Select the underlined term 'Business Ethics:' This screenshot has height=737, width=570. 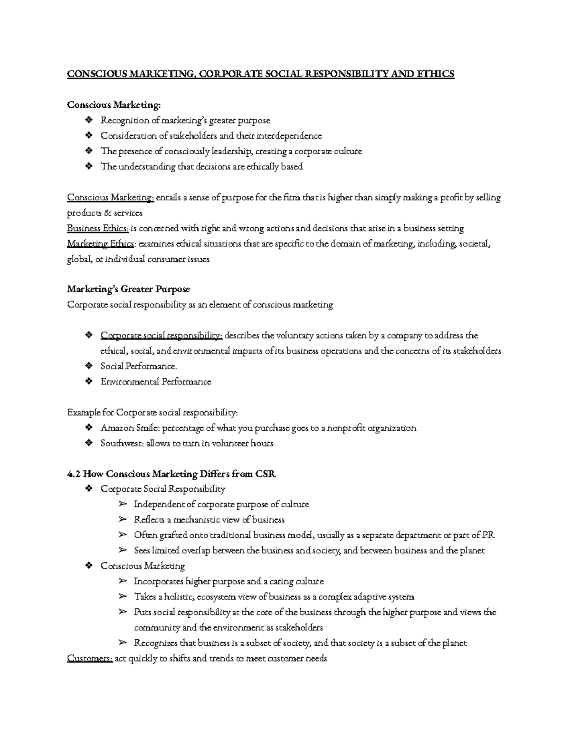(98, 228)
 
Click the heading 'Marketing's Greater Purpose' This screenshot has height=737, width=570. (128, 289)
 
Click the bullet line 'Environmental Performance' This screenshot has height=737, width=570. (156, 382)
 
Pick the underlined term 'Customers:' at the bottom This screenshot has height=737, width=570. (90, 658)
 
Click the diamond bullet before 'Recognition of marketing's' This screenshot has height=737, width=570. (88, 121)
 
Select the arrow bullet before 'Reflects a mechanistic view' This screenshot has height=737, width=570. (122, 520)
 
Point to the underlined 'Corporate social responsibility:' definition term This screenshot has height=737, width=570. (161, 336)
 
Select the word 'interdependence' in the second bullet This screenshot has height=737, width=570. (289, 136)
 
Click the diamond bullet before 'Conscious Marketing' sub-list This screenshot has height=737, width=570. (88, 566)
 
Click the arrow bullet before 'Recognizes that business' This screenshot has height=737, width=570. (122, 643)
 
